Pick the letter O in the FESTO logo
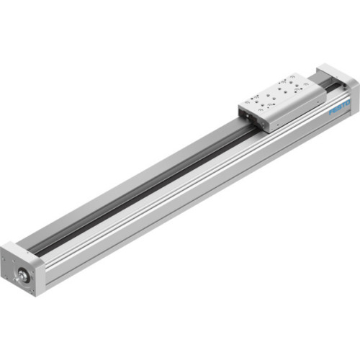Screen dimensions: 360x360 click(347, 104)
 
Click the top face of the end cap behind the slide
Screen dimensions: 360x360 click(334, 73)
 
